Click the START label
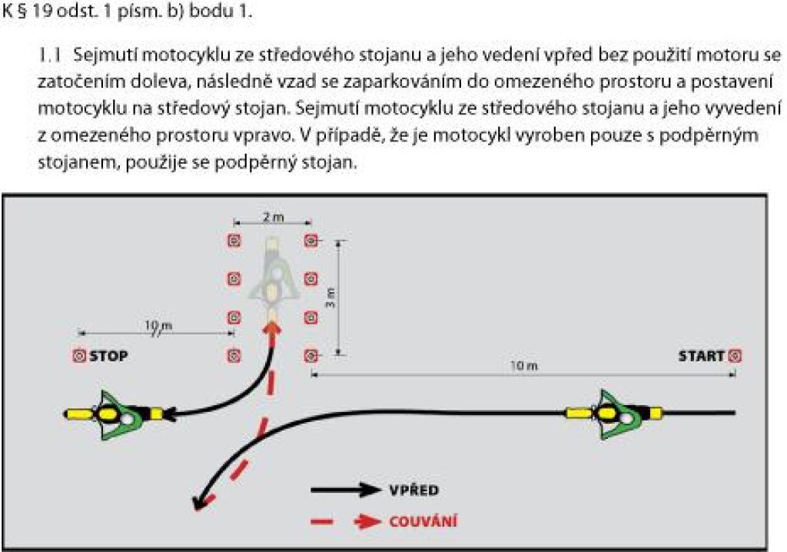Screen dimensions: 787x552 click(701, 356)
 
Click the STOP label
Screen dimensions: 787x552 click(108, 356)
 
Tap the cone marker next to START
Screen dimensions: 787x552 click(734, 356)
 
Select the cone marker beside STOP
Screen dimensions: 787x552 click(79, 356)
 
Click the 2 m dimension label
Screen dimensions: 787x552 click(273, 217)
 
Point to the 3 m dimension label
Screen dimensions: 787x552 click(330, 298)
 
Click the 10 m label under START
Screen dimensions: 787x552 click(524, 366)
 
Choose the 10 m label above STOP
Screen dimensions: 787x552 click(158, 326)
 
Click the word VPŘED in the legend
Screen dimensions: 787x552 click(414, 490)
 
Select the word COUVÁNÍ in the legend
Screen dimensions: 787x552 click(423, 521)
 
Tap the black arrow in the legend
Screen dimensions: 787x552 click(346, 490)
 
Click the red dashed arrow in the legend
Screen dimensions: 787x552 click(346, 521)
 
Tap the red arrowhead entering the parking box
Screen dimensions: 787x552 click(272, 330)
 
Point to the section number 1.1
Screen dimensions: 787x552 click(50, 55)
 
